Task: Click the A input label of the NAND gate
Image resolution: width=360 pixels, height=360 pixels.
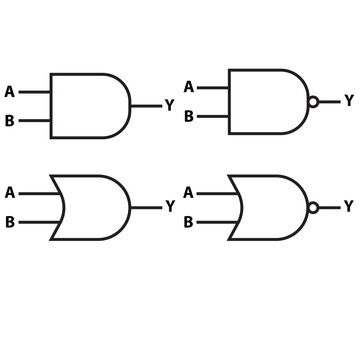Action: tap(188, 85)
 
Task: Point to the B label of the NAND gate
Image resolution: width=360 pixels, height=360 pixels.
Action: tap(188, 116)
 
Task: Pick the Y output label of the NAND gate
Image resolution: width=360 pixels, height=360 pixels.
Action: tap(348, 100)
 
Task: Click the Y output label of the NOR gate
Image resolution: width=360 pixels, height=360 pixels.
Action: tap(348, 207)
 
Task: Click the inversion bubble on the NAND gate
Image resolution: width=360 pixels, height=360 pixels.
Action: tap(314, 101)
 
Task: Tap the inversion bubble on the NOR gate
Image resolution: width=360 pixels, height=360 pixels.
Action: tap(314, 207)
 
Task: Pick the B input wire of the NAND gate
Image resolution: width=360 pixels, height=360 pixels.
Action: tap(214, 116)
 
